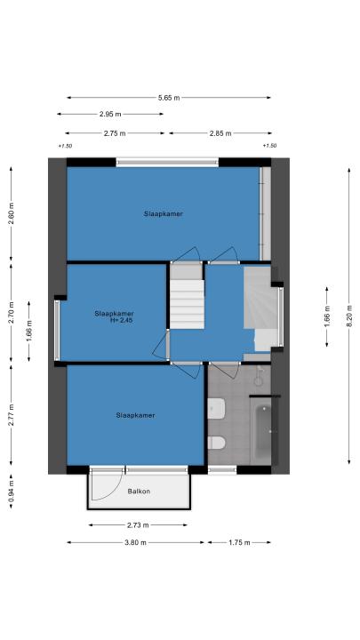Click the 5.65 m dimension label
[169, 98]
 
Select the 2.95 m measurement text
[110, 115]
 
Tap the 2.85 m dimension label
[220, 133]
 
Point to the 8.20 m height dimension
[349, 316]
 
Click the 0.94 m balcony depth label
[11, 492]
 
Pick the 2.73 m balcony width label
[138, 525]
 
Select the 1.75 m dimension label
[239, 542]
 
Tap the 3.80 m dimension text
[135, 542]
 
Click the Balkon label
[139, 492]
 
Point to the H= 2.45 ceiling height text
[121, 321]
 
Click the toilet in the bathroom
[216, 443]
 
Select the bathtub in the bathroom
[263, 431]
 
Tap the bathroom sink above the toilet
[216, 409]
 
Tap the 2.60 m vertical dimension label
[11, 213]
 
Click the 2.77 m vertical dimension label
[11, 415]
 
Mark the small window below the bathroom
[222, 470]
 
